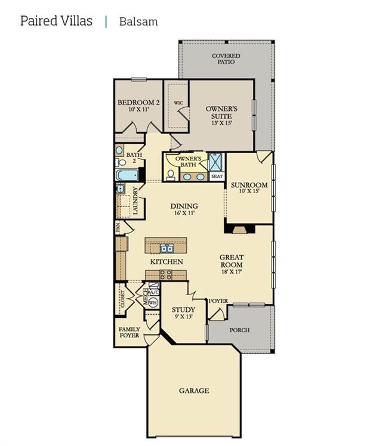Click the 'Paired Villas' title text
point(56,21)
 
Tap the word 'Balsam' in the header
point(138,22)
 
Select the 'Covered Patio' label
point(226,58)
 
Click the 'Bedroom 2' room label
point(138,103)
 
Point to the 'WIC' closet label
point(178,103)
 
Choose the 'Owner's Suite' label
point(222,112)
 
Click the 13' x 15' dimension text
point(221,123)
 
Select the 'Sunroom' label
point(249,185)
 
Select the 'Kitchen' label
point(167,262)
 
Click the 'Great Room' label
point(232,261)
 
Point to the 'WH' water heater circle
point(153,303)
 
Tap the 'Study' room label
point(183,309)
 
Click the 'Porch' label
point(239,330)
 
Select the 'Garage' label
point(194,391)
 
